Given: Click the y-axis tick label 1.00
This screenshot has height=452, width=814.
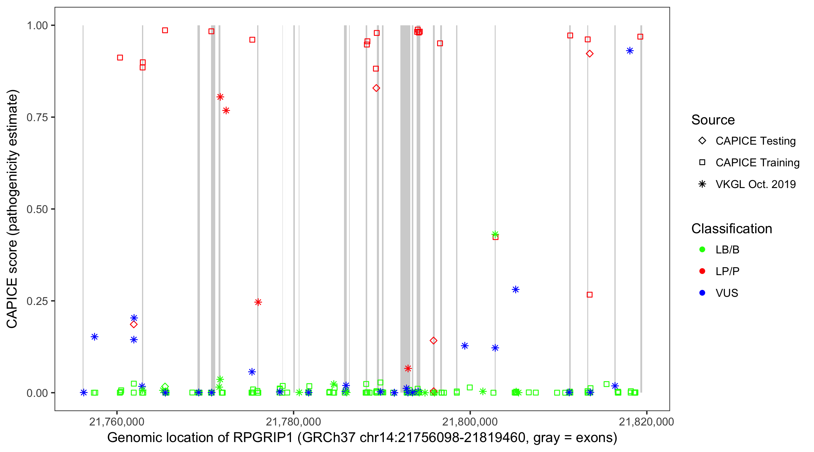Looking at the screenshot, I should (x=37, y=26).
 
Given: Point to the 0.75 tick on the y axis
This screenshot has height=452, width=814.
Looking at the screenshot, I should (x=37, y=118).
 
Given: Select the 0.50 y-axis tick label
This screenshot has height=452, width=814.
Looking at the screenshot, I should (x=37, y=209).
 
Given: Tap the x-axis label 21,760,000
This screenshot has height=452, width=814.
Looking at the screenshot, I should (x=117, y=422).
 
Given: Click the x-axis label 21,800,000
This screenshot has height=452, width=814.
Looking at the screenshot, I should (x=470, y=422).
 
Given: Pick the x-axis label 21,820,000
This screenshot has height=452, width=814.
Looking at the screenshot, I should (x=646, y=422).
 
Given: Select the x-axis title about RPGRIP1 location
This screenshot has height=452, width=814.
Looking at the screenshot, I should (x=362, y=438).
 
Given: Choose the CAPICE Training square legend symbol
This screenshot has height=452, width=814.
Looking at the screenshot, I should (x=702, y=163).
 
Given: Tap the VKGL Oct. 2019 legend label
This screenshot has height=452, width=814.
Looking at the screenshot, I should (x=755, y=184).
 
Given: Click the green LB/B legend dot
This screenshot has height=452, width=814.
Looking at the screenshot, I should (x=702, y=250).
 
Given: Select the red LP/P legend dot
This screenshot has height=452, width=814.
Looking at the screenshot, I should (x=702, y=271).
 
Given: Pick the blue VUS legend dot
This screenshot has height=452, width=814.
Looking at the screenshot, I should (x=702, y=293).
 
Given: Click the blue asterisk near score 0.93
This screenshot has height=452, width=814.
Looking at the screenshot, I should (x=630, y=51).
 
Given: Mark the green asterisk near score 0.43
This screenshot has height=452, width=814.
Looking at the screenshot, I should (x=495, y=234).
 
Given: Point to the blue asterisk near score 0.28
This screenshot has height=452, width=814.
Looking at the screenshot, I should (x=516, y=290).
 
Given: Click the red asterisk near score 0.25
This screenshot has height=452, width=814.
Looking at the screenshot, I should (x=258, y=302).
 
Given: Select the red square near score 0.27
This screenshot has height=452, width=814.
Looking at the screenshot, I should (x=589, y=295).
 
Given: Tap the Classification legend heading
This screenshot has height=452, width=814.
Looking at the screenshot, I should (x=731, y=229).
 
